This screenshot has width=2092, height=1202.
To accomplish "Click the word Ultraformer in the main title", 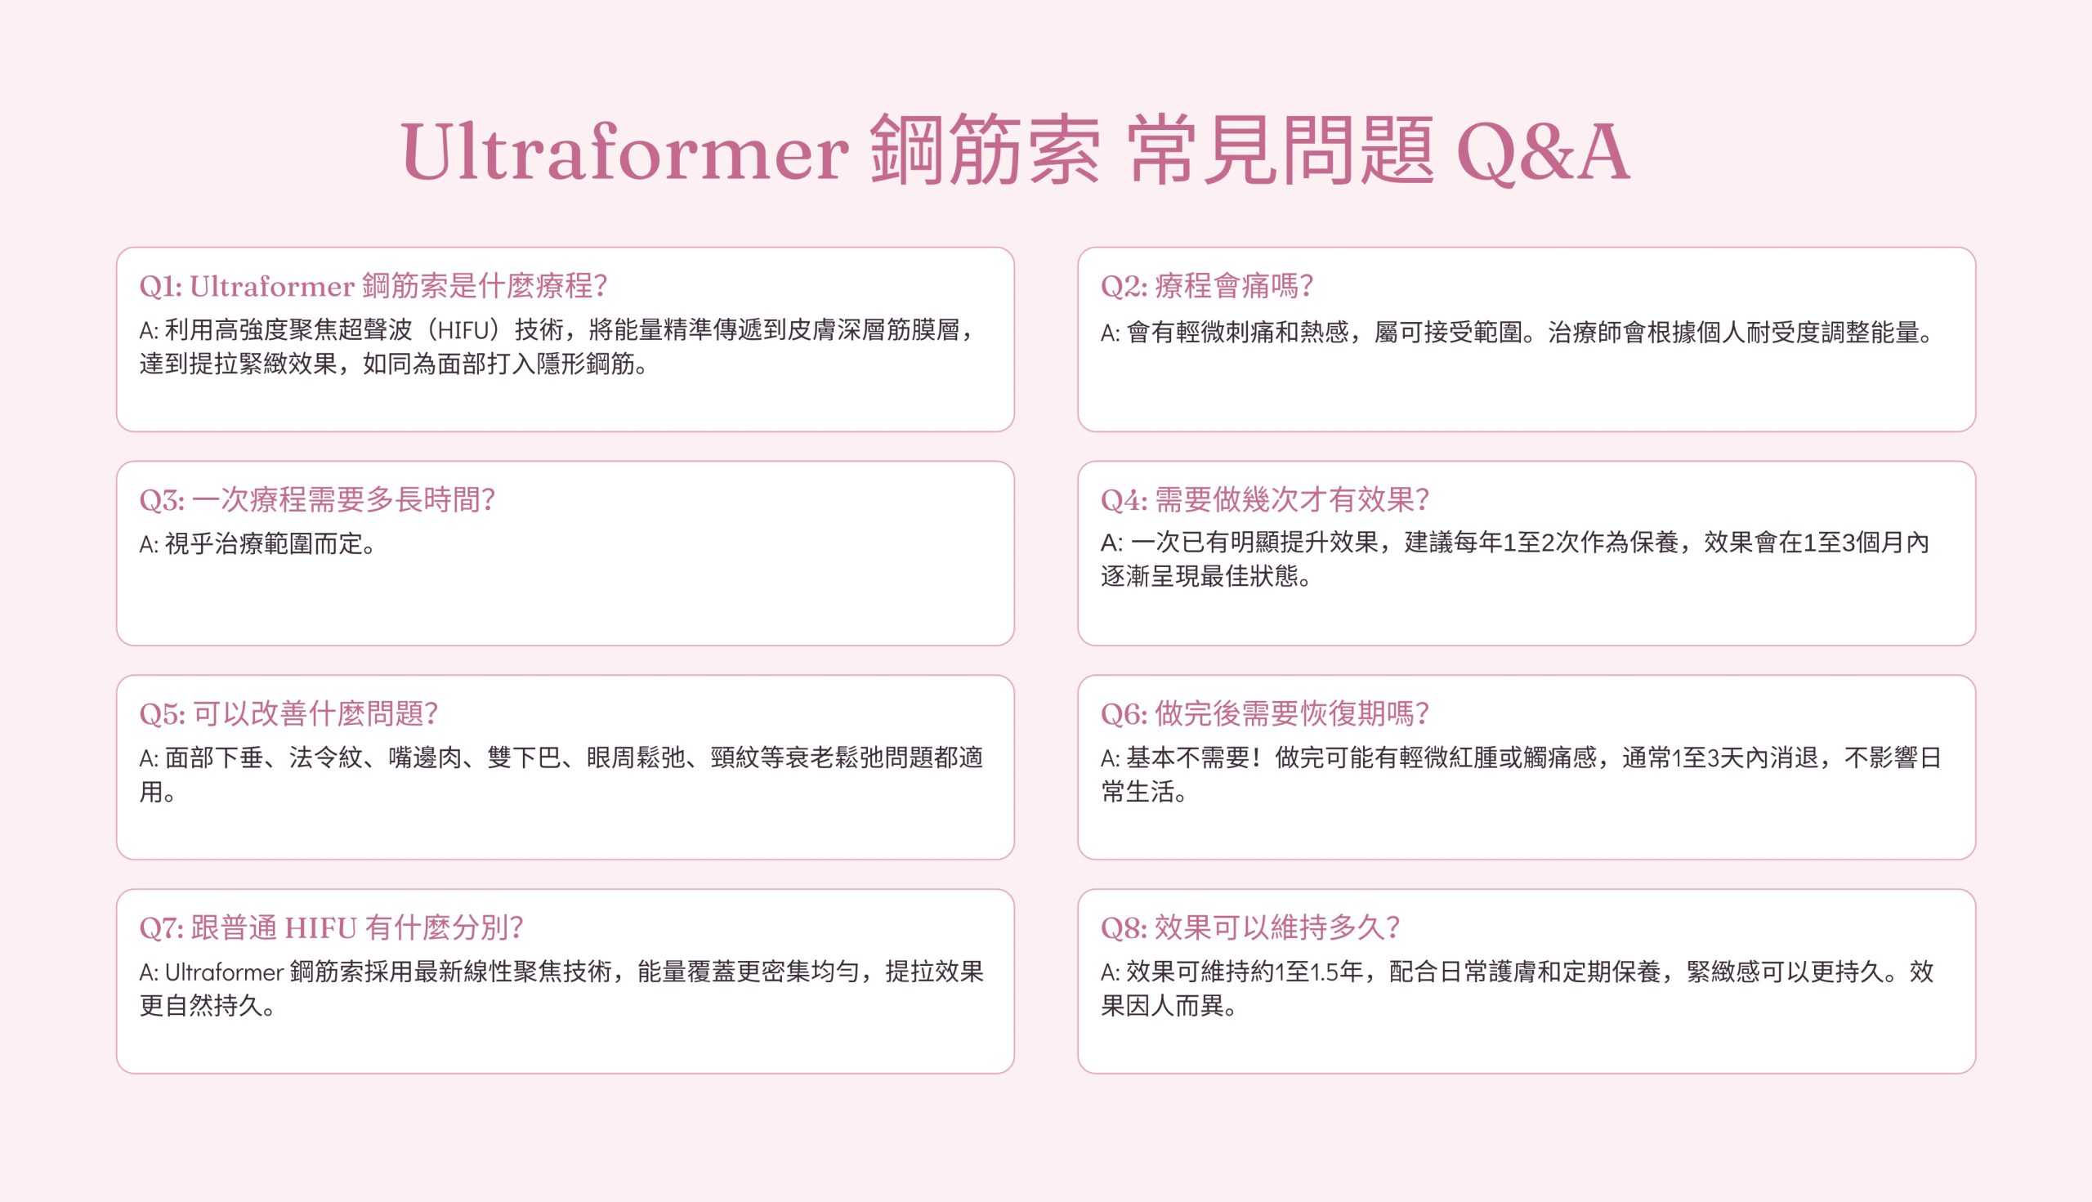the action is pyautogui.click(x=625, y=150).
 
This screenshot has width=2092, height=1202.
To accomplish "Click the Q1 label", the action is pyautogui.click(x=160, y=287).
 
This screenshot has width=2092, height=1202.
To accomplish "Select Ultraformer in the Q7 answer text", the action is pyautogui.click(x=225, y=972).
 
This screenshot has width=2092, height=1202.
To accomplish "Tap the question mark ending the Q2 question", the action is pyautogui.click(x=1305, y=287).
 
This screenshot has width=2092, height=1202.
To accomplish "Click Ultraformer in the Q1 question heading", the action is pyautogui.click(x=271, y=287).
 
